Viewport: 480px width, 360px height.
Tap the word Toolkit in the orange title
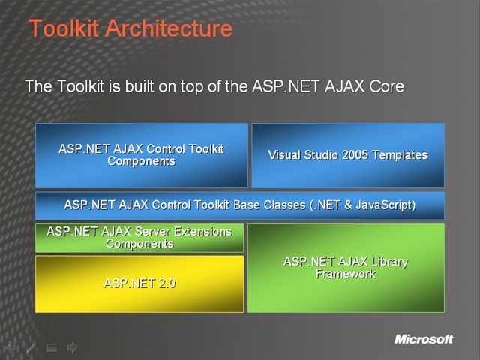point(64,29)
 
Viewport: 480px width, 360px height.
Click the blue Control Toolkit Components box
point(141,155)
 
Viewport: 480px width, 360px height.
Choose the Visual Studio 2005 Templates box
point(347,155)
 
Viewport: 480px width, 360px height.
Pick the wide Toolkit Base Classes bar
point(239,205)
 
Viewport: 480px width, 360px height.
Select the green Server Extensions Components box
point(139,238)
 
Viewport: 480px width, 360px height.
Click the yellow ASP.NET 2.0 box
point(139,283)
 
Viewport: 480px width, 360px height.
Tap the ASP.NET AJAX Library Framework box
point(346,268)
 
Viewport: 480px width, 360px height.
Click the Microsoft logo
point(424,340)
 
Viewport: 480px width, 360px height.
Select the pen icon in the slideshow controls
point(31,347)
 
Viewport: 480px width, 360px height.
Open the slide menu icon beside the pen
point(52,347)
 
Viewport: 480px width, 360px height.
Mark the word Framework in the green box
point(346,274)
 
